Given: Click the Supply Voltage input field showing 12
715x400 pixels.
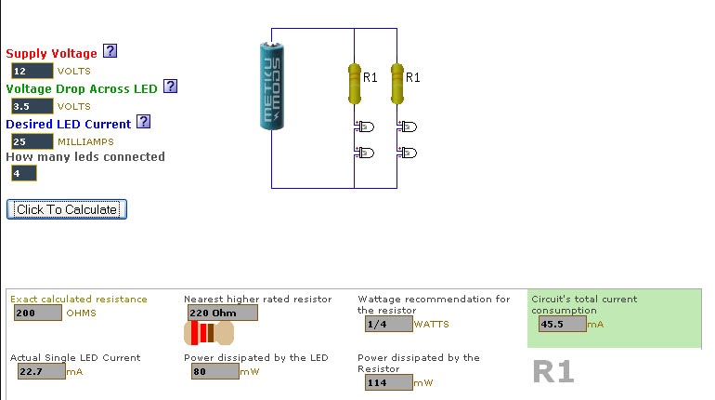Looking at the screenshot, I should pos(32,71).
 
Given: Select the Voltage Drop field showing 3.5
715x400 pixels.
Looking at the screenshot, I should pos(32,106).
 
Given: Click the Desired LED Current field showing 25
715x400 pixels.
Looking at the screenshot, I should pos(32,141).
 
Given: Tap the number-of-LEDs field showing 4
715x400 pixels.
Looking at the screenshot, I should pos(23,173).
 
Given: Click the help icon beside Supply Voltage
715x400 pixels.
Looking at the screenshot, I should pos(110,51).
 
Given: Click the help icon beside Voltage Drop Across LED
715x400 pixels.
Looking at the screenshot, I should pos(170,87).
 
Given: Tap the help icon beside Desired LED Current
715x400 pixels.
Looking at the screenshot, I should pos(143,122).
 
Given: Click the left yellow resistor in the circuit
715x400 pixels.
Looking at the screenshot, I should pos(354,83).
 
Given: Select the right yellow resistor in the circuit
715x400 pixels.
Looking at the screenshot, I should pos(397,83).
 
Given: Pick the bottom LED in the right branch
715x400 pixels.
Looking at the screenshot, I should pos(407,153).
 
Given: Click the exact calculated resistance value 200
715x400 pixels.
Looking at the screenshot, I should pos(37,313).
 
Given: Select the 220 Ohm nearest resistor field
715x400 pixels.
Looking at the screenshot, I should pos(222,313).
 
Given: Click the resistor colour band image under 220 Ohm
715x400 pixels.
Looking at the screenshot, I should pos(209,333).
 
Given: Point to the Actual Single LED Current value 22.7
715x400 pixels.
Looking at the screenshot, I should pos(41,371).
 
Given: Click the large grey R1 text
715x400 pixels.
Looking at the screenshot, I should pos(553,372).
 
